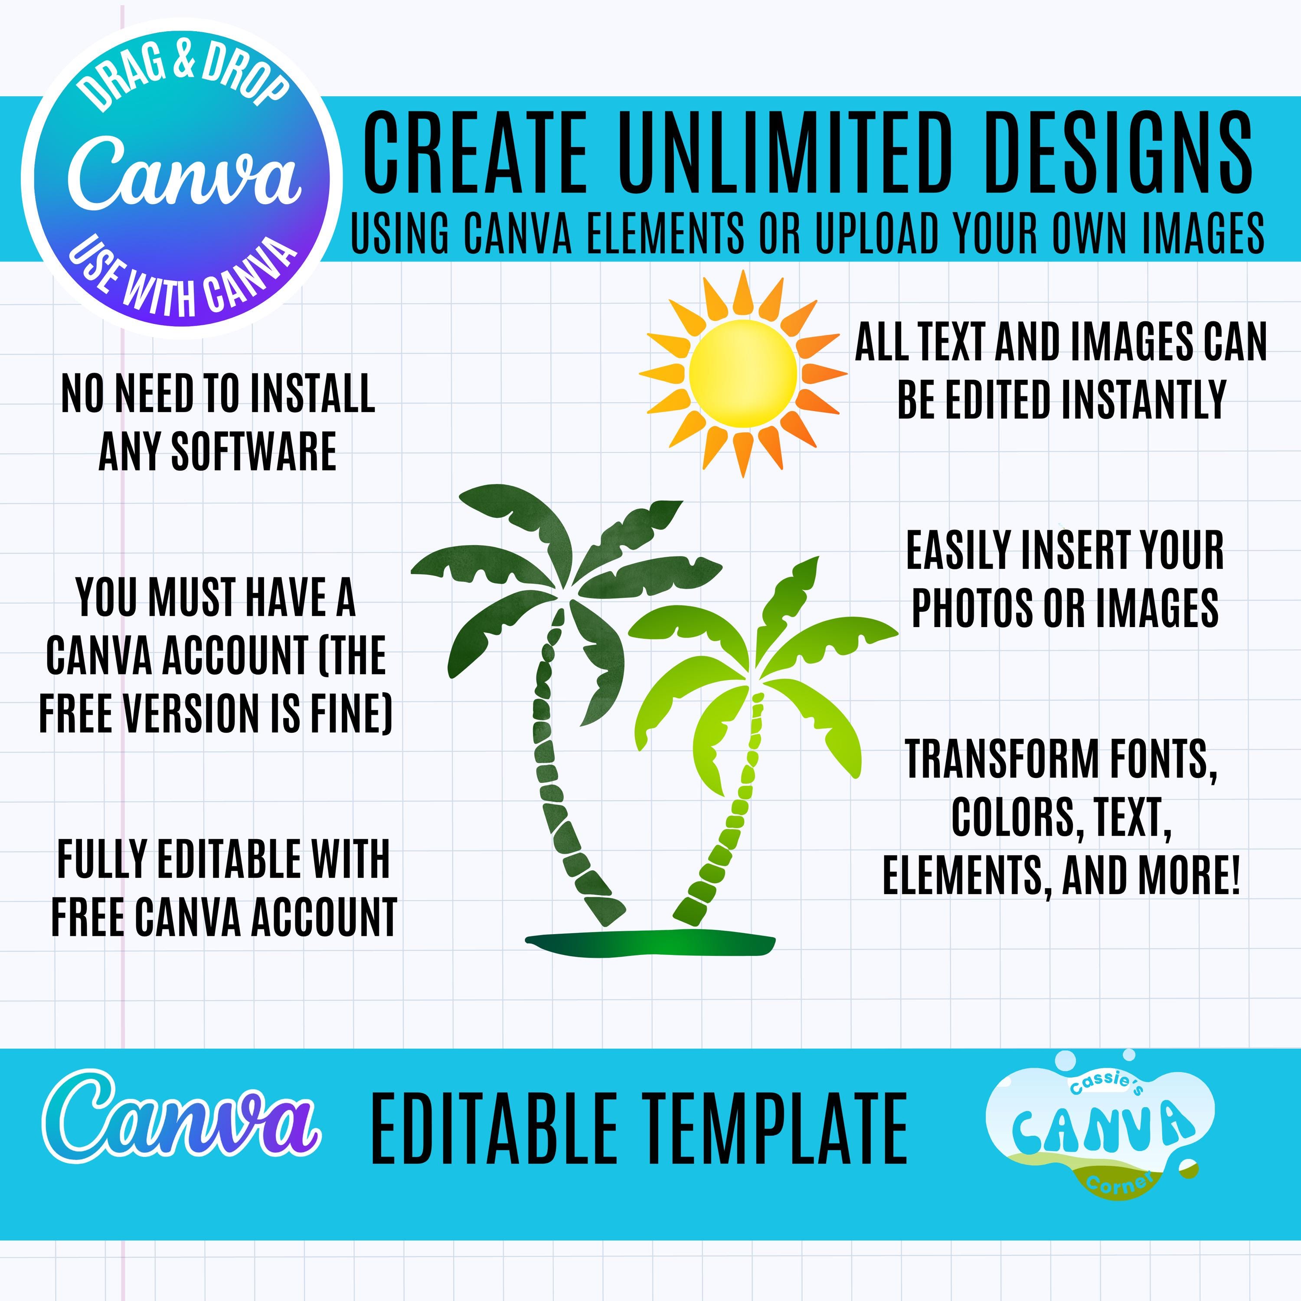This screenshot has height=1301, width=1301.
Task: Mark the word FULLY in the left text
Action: point(101,860)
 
